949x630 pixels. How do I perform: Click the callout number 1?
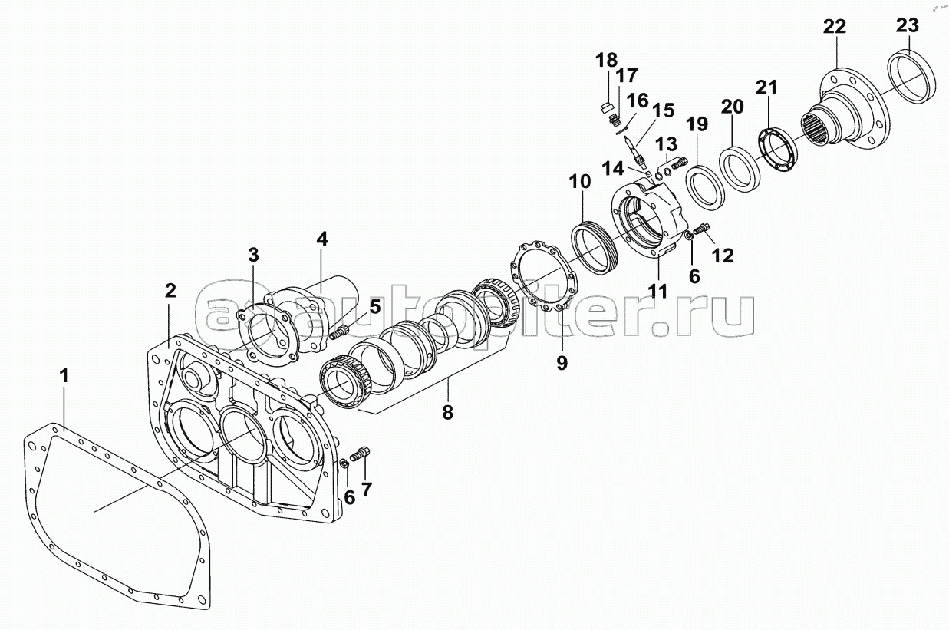(x=64, y=375)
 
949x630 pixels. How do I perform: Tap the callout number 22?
(x=835, y=27)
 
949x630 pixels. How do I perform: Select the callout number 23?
(x=908, y=25)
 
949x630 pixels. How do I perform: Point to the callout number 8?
(x=448, y=412)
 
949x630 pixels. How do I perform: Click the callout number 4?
(x=322, y=239)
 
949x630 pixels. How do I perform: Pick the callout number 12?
(x=723, y=256)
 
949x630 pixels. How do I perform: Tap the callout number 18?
(x=607, y=60)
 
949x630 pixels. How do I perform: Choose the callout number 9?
(x=562, y=363)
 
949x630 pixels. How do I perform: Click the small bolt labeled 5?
(x=338, y=332)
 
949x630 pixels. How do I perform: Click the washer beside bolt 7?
(x=345, y=463)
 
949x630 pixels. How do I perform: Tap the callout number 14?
(x=613, y=169)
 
